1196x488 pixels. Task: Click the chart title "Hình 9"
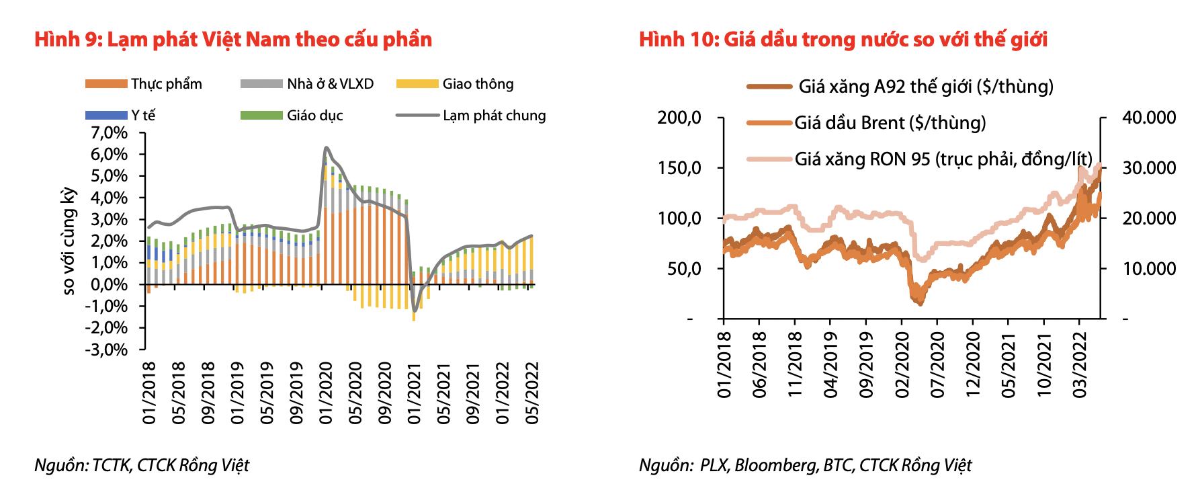[x=233, y=40]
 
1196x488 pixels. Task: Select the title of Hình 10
[x=843, y=40]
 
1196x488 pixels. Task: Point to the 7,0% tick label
[x=109, y=132]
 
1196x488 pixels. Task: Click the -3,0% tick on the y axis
[x=106, y=350]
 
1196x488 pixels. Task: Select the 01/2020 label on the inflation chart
[x=326, y=393]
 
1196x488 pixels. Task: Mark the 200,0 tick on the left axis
[x=679, y=118]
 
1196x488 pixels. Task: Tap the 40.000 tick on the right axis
[x=1149, y=118]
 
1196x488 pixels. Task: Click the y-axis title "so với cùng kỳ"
[x=69, y=241]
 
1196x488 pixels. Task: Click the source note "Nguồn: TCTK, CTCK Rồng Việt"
[x=142, y=465]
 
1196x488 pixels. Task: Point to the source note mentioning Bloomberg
[x=805, y=465]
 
